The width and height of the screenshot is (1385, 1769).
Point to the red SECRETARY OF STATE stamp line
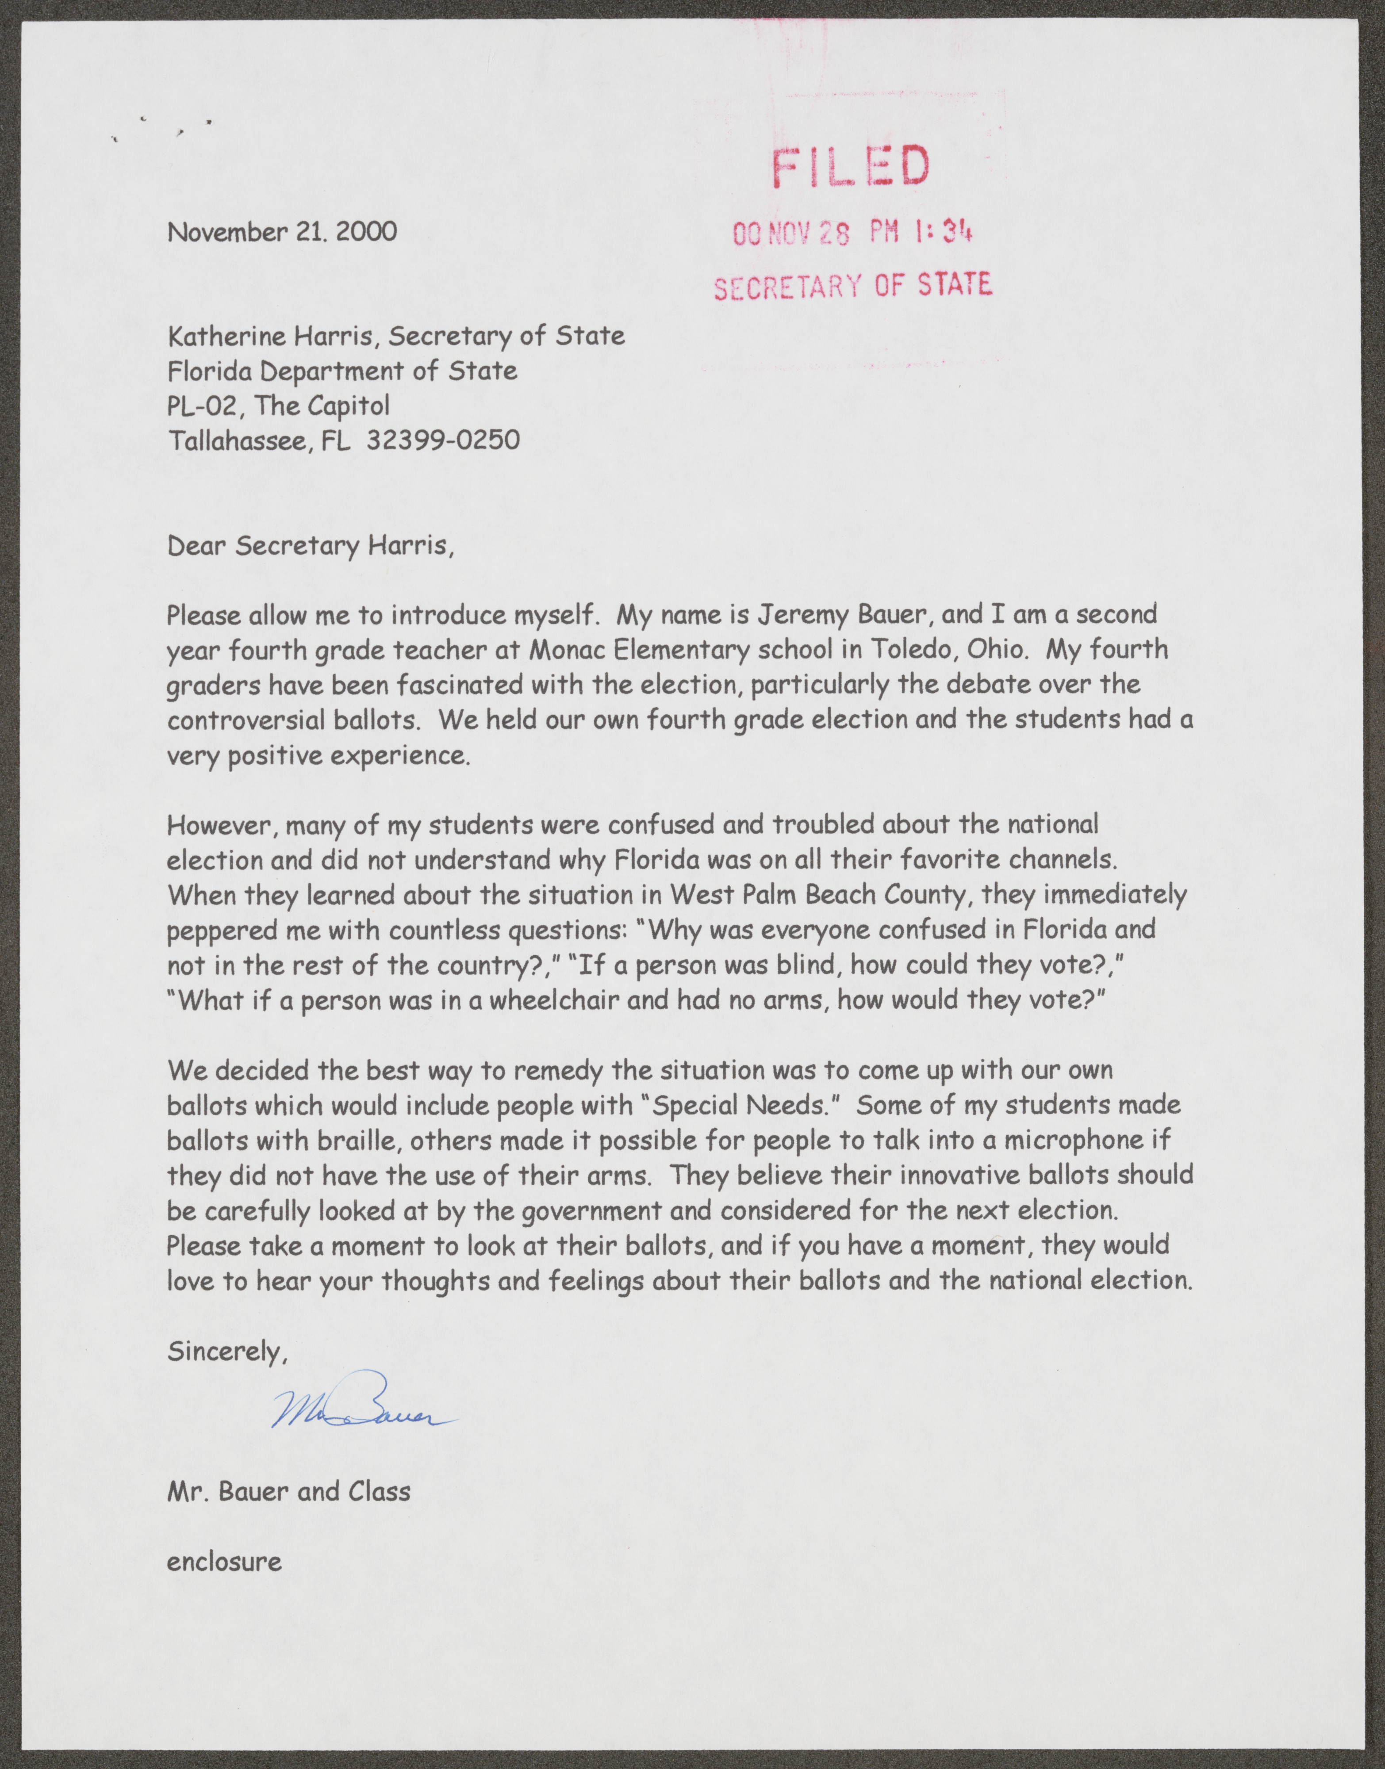click(x=852, y=284)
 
